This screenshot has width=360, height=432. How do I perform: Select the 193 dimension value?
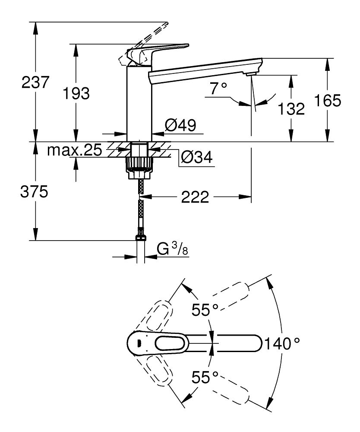pyautogui.click(x=76, y=92)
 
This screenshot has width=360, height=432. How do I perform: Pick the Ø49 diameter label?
pyautogui.click(x=180, y=125)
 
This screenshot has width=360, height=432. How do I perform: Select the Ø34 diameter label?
pyautogui.click(x=196, y=158)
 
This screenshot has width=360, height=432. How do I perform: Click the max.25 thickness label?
pyautogui.click(x=74, y=150)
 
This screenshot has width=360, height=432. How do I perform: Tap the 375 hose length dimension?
pyautogui.click(x=35, y=192)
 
